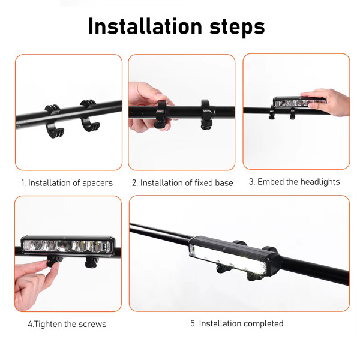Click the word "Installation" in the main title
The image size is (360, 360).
pyautogui.click(x=145, y=26)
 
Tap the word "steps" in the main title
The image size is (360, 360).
pyautogui.click(x=237, y=28)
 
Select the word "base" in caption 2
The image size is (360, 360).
pyautogui.click(x=224, y=183)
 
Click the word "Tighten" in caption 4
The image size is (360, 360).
pyautogui.click(x=48, y=324)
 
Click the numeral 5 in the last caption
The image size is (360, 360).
pyautogui.click(x=193, y=323)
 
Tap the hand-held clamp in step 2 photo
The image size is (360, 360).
pyautogui.click(x=161, y=114)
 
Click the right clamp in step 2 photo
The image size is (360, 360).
pyautogui.click(x=207, y=114)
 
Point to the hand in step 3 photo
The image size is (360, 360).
pyautogui.click(x=326, y=102)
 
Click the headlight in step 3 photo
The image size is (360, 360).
pyautogui.click(x=298, y=102)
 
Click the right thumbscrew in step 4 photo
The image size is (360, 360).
pyautogui.click(x=92, y=262)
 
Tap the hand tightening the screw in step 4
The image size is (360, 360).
pyautogui.click(x=34, y=284)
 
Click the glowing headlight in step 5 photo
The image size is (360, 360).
pyautogui.click(x=234, y=256)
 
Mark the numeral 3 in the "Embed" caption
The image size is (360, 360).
pyautogui.click(x=252, y=182)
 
